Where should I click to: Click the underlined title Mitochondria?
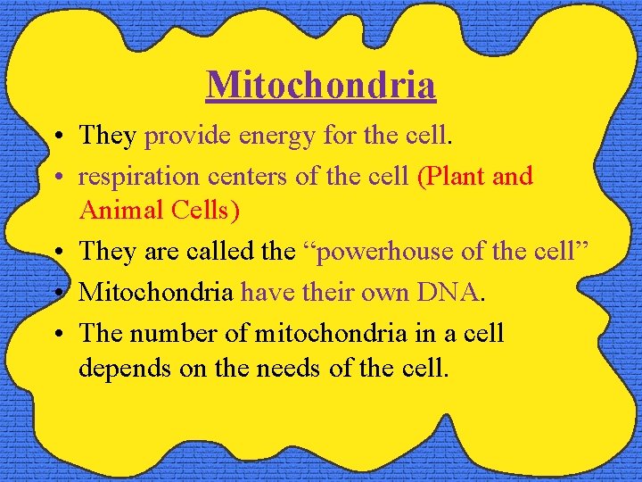pyautogui.click(x=321, y=85)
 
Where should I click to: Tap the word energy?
pyautogui.click(x=265, y=136)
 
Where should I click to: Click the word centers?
pyautogui.click(x=239, y=177)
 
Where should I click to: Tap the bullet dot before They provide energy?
pyautogui.click(x=56, y=137)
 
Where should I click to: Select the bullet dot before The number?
pyautogui.click(x=56, y=334)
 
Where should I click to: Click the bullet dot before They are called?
pyautogui.click(x=56, y=253)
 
